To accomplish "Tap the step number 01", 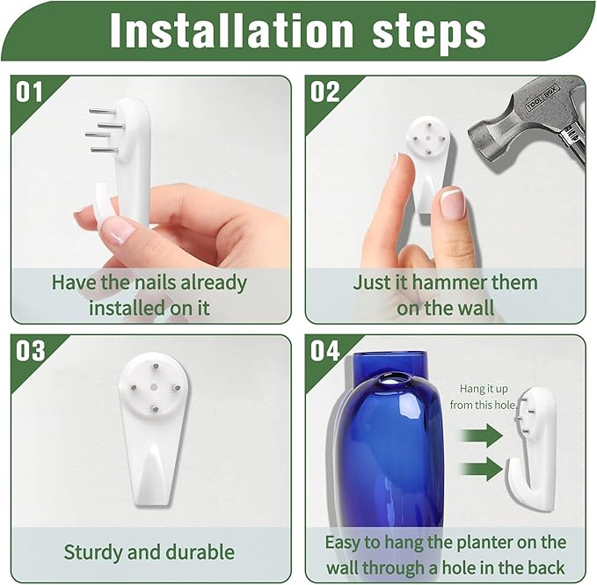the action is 29,91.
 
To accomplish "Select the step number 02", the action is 324,91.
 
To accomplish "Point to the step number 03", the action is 30,351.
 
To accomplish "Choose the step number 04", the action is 324,351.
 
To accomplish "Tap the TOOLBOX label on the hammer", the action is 542,98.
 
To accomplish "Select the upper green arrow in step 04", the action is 482,435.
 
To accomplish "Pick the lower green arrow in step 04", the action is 482,469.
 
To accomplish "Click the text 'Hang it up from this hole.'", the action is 484,397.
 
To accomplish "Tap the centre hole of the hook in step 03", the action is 154,387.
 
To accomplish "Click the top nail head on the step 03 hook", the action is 156,366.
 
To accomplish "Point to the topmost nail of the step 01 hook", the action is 103,111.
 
